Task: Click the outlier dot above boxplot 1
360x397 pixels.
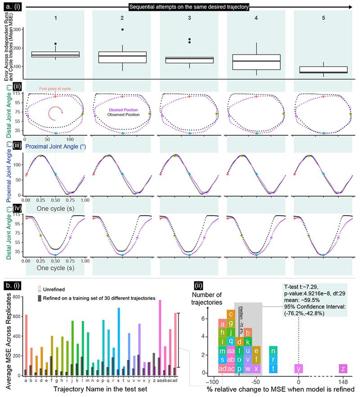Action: point(55,44)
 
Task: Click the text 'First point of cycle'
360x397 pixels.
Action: point(55,88)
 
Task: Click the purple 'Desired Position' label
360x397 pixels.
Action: point(122,109)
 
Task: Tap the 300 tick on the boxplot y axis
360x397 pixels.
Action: point(18,30)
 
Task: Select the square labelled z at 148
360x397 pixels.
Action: point(343,368)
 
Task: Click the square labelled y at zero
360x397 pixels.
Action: point(299,368)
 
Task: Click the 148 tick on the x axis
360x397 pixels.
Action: point(343,379)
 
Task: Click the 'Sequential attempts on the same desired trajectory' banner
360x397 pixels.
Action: point(189,7)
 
